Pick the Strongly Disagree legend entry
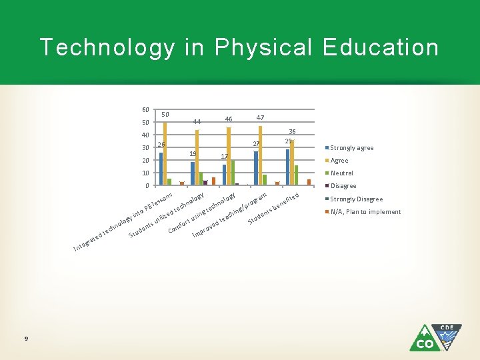(356, 199)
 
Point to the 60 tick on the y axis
(145, 110)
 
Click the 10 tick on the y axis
(145, 173)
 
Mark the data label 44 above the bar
(197, 122)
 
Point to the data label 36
(291, 132)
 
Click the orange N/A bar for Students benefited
(309, 182)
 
